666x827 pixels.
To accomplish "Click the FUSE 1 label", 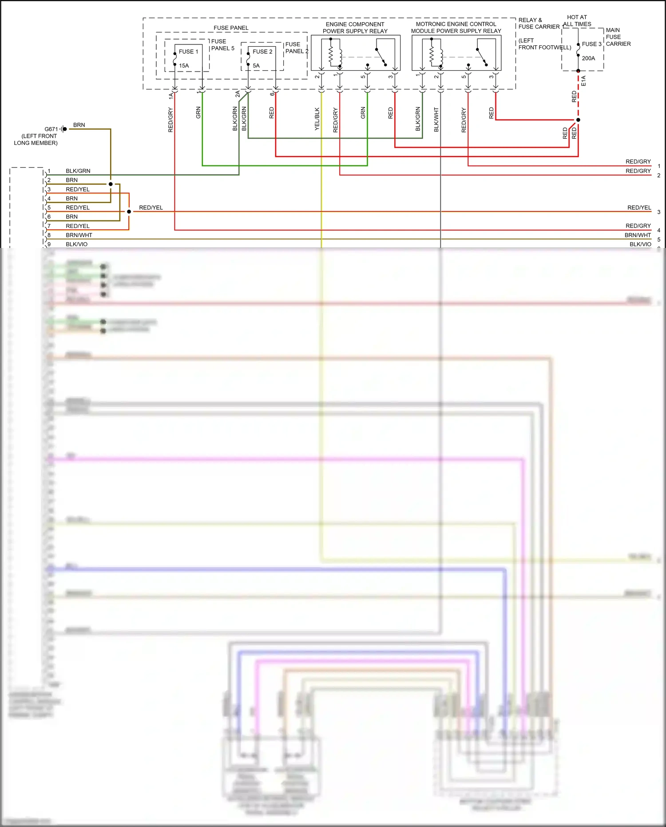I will (x=188, y=52).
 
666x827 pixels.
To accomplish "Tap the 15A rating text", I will (x=184, y=66).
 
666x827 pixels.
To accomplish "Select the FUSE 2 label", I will (x=262, y=52).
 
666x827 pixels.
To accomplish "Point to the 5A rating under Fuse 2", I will (x=256, y=66).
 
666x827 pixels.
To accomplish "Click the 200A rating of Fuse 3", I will (x=588, y=58).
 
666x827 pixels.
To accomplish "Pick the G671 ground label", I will (x=51, y=129).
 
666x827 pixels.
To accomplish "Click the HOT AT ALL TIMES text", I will (x=577, y=20).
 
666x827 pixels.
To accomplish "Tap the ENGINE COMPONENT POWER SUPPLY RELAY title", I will (x=355, y=28).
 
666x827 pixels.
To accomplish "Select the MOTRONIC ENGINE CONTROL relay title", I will (x=456, y=28).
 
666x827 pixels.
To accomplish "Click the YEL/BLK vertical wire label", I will (x=317, y=119).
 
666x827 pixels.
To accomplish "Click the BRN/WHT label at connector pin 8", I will (x=79, y=235).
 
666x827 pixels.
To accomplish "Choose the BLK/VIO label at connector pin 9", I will (x=77, y=244).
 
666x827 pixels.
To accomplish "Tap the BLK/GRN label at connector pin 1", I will (x=78, y=171).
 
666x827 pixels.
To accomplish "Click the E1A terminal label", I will (x=583, y=81).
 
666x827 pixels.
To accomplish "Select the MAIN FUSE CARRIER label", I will (x=618, y=37).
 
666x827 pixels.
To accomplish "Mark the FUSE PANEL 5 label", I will (x=222, y=45).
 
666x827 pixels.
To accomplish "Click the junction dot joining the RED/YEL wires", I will (x=129, y=212).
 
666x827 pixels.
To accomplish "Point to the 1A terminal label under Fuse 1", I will (x=171, y=95).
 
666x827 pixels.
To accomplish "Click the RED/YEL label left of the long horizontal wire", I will (x=151, y=208).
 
